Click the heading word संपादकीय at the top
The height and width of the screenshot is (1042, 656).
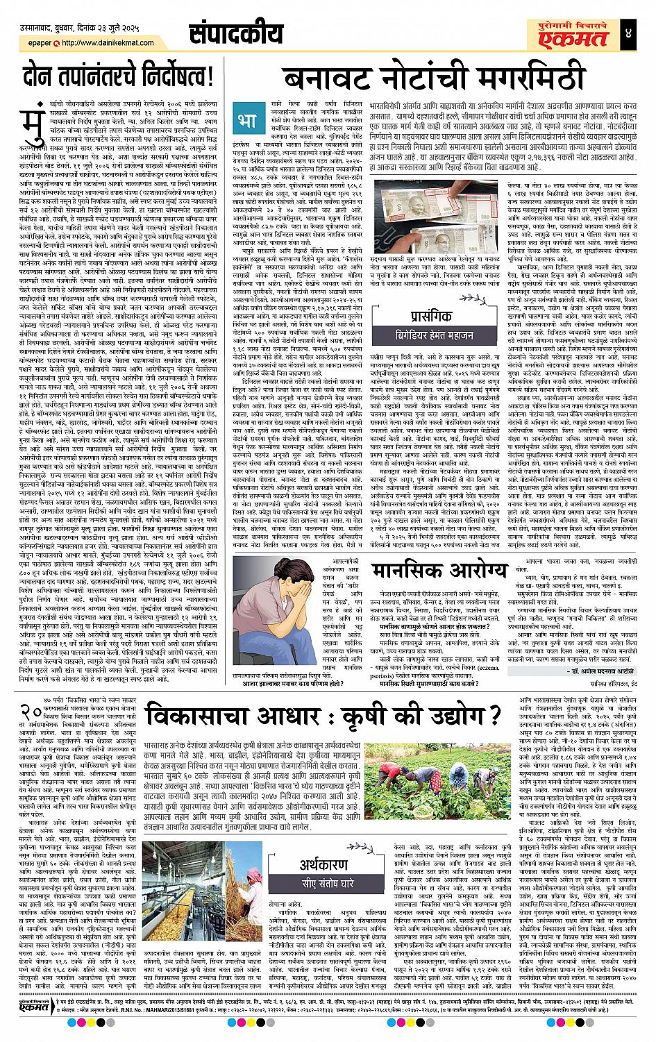(236, 34)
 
